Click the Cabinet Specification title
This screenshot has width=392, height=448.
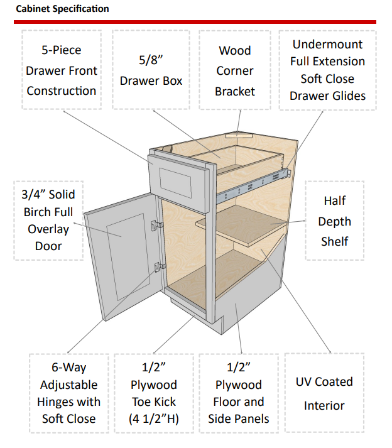[x=62, y=9]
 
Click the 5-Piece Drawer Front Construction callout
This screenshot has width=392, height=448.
[x=62, y=70]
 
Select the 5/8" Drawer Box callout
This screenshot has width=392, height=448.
[x=151, y=70]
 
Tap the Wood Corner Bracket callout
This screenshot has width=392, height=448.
[x=234, y=70]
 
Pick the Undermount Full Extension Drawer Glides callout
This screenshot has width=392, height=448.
[x=327, y=70]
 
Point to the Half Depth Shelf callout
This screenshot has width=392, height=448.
[x=334, y=221]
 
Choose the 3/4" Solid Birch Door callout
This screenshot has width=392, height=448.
[x=48, y=221]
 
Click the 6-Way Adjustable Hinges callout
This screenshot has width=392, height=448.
[x=68, y=393]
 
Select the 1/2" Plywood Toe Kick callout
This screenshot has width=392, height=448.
[x=154, y=393]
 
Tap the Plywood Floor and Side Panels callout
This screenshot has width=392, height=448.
[x=239, y=393]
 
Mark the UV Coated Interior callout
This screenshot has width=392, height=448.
[x=324, y=393]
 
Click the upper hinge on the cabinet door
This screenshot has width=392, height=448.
[x=157, y=224]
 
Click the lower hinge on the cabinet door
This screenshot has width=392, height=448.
[x=158, y=266]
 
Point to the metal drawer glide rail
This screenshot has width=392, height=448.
[x=251, y=186]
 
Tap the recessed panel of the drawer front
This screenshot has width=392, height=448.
[x=176, y=181]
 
